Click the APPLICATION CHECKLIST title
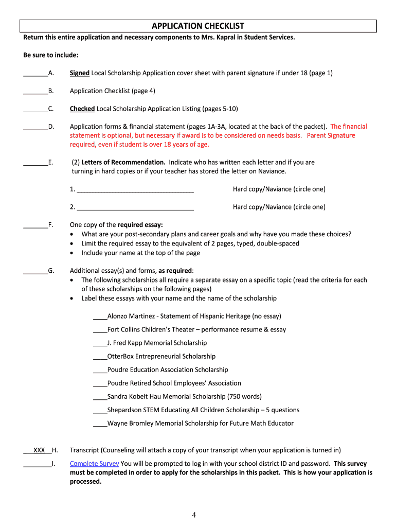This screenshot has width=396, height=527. pyautogui.click(x=197, y=26)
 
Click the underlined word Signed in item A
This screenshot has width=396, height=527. pyautogui.click(x=80, y=73)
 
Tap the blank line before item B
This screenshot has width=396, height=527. pyautogui.click(x=35, y=91)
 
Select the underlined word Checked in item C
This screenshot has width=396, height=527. pyautogui.click(x=82, y=109)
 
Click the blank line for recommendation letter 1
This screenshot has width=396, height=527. pyautogui.click(x=135, y=190)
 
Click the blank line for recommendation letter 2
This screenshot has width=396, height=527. pyautogui.click(x=135, y=208)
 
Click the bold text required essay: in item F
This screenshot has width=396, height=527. pyautogui.click(x=140, y=225)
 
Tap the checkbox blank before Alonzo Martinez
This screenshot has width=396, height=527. pyautogui.click(x=100, y=317)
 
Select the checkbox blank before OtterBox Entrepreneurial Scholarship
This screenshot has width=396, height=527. pyautogui.click(x=100, y=357)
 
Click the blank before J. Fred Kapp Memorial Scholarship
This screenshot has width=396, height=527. pyautogui.click(x=100, y=344)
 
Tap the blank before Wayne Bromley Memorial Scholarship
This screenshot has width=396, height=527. pyautogui.click(x=100, y=424)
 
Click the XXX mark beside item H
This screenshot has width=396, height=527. pyautogui.click(x=39, y=450)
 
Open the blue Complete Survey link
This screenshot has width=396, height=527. pyautogui.click(x=94, y=464)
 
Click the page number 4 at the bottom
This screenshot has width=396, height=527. pyautogui.click(x=194, y=515)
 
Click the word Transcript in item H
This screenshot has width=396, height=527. pyautogui.click(x=84, y=450)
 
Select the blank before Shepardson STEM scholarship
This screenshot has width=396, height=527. pyautogui.click(x=100, y=411)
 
